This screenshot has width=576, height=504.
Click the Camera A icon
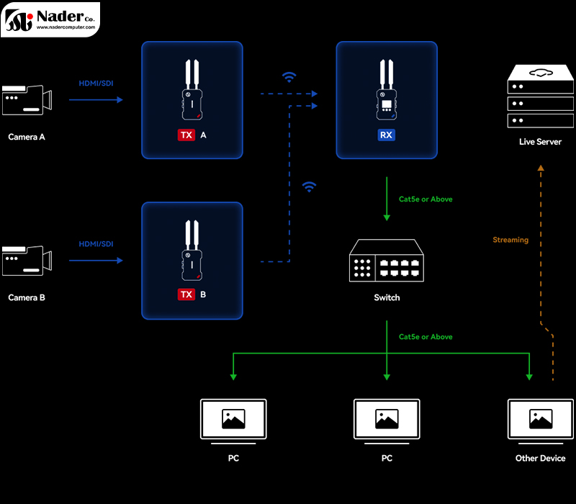pos(27,101)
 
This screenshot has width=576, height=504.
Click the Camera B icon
pos(27,261)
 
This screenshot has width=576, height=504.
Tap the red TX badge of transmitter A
pos(186,135)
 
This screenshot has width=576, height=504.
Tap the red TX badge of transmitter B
pos(186,294)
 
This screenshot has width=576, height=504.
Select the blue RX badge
pos(387,135)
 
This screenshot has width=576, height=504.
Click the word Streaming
pos(510,240)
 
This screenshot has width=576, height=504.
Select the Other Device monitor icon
pos(540,420)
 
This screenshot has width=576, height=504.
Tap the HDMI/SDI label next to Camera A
pos(96,84)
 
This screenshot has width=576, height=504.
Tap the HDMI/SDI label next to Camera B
pos(96,245)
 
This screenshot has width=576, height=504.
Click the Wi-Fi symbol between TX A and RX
pos(289,76)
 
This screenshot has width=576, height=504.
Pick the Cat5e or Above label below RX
pos(426,199)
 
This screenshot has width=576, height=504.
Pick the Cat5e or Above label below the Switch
pos(426,337)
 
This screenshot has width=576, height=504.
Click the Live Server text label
pos(540,142)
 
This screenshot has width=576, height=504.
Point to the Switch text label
pos(387,297)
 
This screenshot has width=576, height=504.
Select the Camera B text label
pos(27,297)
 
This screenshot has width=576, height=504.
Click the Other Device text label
pos(540,459)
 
